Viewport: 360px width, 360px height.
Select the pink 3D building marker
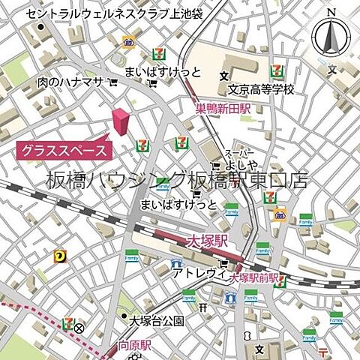click(x=120, y=122)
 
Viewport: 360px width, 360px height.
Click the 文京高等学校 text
click(x=261, y=89)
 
